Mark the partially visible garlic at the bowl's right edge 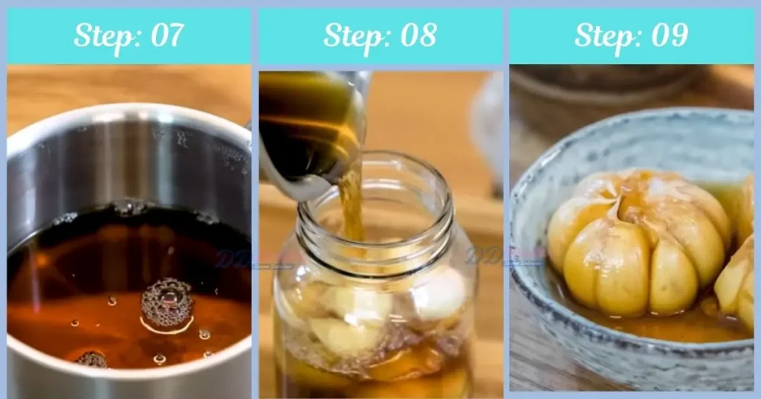pos(739,275)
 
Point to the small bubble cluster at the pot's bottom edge pos(92,360)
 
